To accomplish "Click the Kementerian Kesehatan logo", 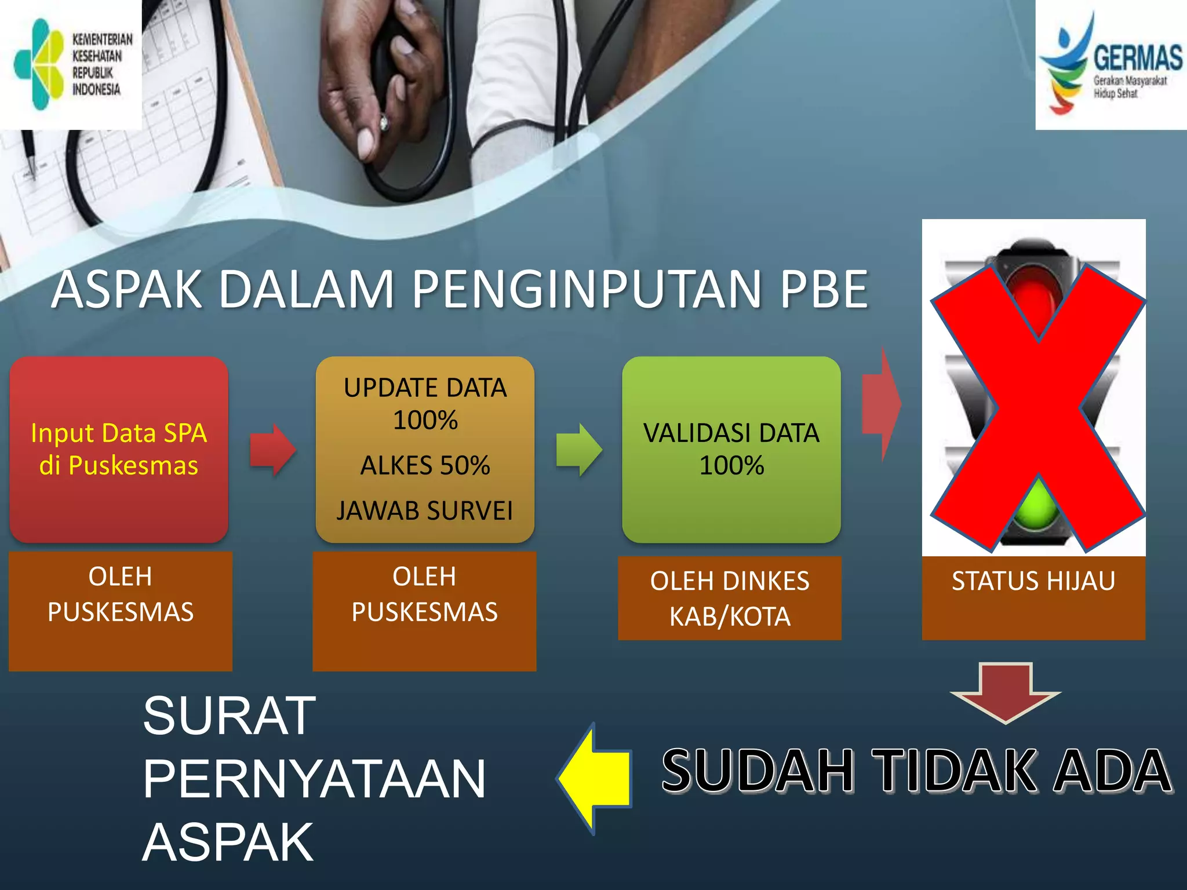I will (71, 64).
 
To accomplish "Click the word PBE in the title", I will (824, 289).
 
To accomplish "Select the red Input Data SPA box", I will (119, 449).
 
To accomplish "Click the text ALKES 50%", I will (425, 465).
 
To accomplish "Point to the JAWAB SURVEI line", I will (425, 510).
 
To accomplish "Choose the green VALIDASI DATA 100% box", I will (731, 449).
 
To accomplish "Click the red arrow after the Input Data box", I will (272, 450).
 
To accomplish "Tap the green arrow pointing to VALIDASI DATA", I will (578, 450).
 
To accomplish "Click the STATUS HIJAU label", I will (1033, 581).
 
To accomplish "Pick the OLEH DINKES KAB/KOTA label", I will (730, 599).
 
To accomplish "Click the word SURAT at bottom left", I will (230, 716).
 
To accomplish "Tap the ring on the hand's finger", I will (383, 123).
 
